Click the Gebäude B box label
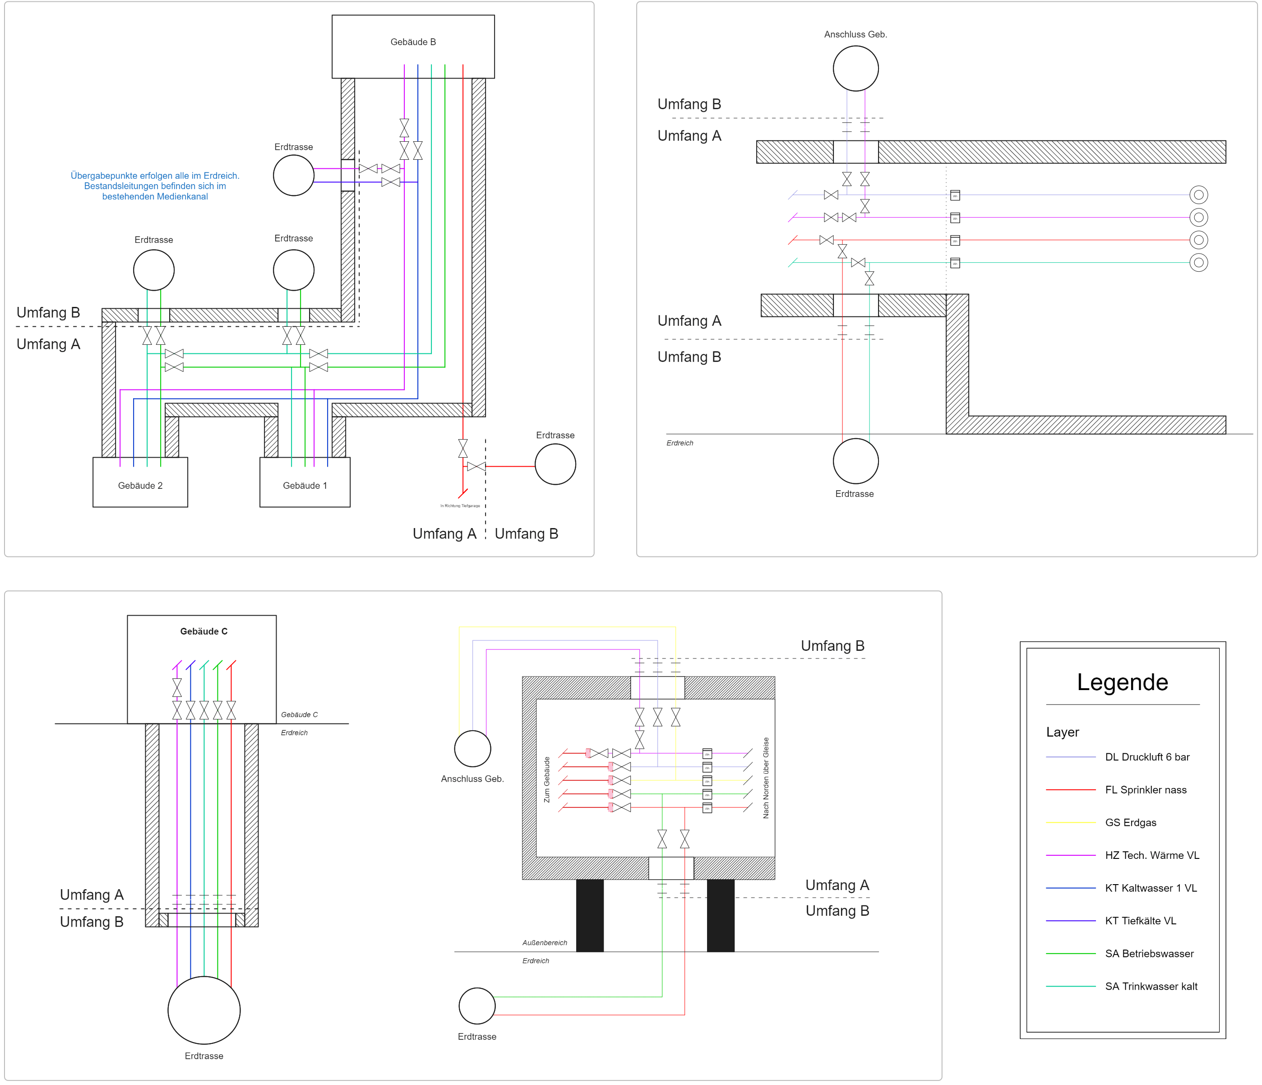point(413,42)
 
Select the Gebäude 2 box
point(140,482)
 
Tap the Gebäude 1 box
point(305,482)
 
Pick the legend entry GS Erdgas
point(1130,822)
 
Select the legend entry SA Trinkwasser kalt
point(1151,986)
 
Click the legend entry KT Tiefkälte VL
point(1140,921)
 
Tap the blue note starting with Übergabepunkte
point(155,186)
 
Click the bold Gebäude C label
point(203,631)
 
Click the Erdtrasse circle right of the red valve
point(555,464)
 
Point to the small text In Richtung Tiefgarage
point(460,505)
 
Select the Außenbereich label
point(545,942)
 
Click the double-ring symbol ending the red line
point(1198,240)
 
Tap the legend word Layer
point(1062,732)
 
